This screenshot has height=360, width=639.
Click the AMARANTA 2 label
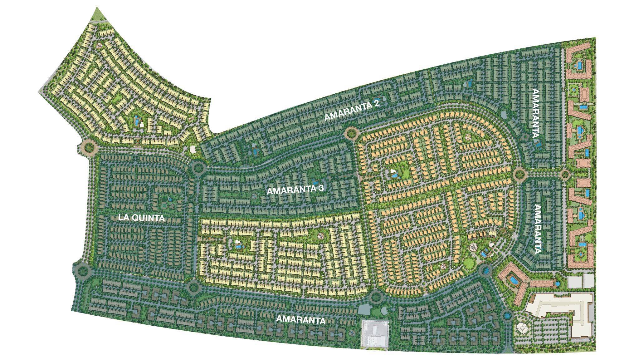coord(352,111)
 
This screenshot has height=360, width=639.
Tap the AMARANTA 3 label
coord(295,190)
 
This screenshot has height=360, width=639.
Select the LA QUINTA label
coord(141,218)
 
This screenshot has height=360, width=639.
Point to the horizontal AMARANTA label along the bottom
coord(301,320)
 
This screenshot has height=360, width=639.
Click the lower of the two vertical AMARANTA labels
coord(538,229)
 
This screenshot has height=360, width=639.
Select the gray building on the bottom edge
coord(375,333)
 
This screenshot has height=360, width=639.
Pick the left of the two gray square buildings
coord(574,281)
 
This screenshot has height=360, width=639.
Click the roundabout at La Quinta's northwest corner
coord(88,146)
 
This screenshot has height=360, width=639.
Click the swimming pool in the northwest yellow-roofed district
coord(137,121)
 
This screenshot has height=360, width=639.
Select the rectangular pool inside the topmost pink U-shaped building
coord(579,66)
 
